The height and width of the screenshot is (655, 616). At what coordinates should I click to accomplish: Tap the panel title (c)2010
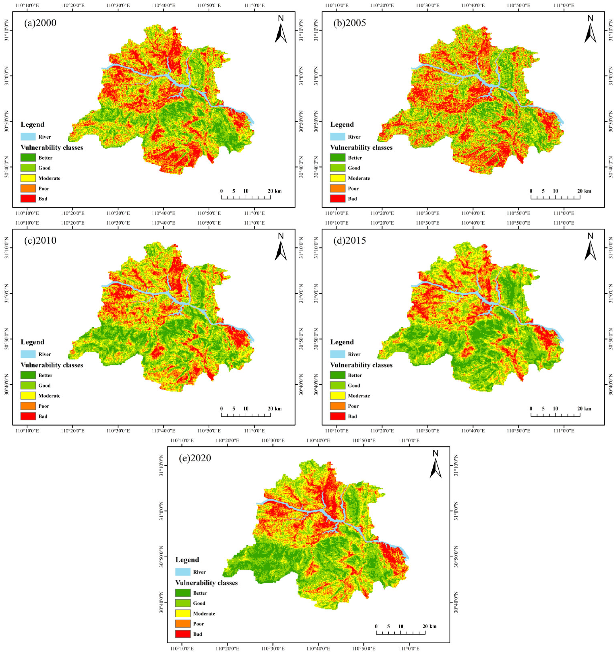pos(40,240)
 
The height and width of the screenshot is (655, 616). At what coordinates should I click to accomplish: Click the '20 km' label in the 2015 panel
pos(584,408)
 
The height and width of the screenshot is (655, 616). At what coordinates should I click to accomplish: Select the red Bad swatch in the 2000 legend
pos(28,199)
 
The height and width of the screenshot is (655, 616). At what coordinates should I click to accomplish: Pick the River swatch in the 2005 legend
pos(338,137)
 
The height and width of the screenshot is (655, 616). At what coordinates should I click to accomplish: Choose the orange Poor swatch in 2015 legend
pos(338,406)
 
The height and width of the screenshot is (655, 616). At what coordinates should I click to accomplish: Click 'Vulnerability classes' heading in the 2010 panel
pos(52,365)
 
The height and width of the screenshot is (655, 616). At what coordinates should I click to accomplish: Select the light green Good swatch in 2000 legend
pos(28,168)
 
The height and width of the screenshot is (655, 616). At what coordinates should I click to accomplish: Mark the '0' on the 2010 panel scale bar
pos(221,408)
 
